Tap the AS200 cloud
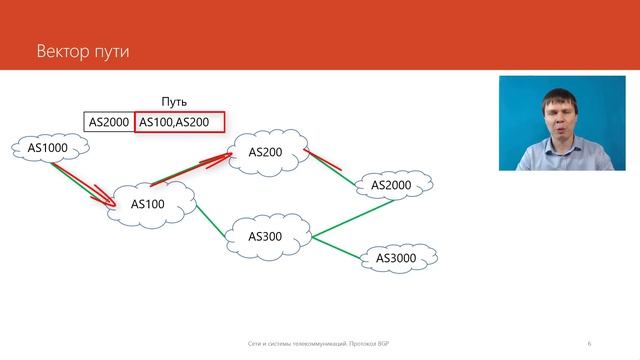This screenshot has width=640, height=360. [265, 152]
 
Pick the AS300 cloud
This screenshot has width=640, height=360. [266, 237]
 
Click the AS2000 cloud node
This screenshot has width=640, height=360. [391, 185]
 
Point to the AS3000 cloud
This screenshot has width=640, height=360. [396, 259]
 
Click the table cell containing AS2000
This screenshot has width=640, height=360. [108, 122]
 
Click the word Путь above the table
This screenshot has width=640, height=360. [174, 101]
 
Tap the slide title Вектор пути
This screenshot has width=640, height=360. [83, 50]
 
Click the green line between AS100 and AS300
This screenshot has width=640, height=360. [213, 220]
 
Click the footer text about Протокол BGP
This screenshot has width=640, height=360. [319, 343]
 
